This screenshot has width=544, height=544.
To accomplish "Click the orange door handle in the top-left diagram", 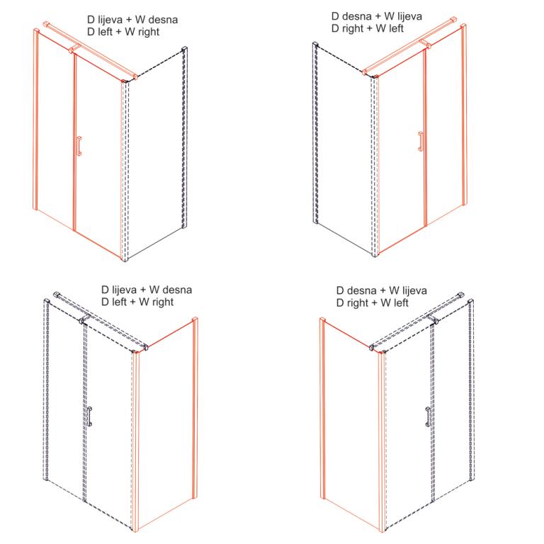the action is pyautogui.click(x=79, y=146).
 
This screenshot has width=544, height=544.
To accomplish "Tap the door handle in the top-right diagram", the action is pyautogui.click(x=421, y=142).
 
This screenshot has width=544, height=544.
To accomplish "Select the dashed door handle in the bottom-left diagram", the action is pyautogui.click(x=89, y=416).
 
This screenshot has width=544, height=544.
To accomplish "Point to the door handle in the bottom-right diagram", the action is pyautogui.click(x=429, y=416).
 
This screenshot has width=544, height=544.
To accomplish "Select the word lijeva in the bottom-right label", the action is pyautogui.click(x=414, y=290).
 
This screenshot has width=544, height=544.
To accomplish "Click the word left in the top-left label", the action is pyautogui.click(x=105, y=32).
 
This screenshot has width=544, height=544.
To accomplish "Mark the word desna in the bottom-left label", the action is pyautogui.click(x=177, y=290).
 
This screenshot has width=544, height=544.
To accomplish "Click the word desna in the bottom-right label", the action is pyautogui.click(x=361, y=290).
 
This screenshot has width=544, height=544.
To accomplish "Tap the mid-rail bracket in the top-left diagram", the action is pyautogui.click(x=74, y=48).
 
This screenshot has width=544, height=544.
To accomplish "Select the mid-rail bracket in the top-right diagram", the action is pyautogui.click(x=425, y=43).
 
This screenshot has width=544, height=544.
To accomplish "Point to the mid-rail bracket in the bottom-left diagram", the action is pyautogui.click(x=85, y=319).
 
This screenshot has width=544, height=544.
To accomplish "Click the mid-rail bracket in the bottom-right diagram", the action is pyautogui.click(x=432, y=319).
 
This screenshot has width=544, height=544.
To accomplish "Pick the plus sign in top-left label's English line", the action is pyautogui.click(x=119, y=32).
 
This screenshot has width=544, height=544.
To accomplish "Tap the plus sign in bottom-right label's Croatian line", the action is pyautogui.click(x=382, y=290).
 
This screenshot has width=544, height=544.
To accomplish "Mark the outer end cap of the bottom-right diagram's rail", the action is pyautogui.click(x=460, y=295).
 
